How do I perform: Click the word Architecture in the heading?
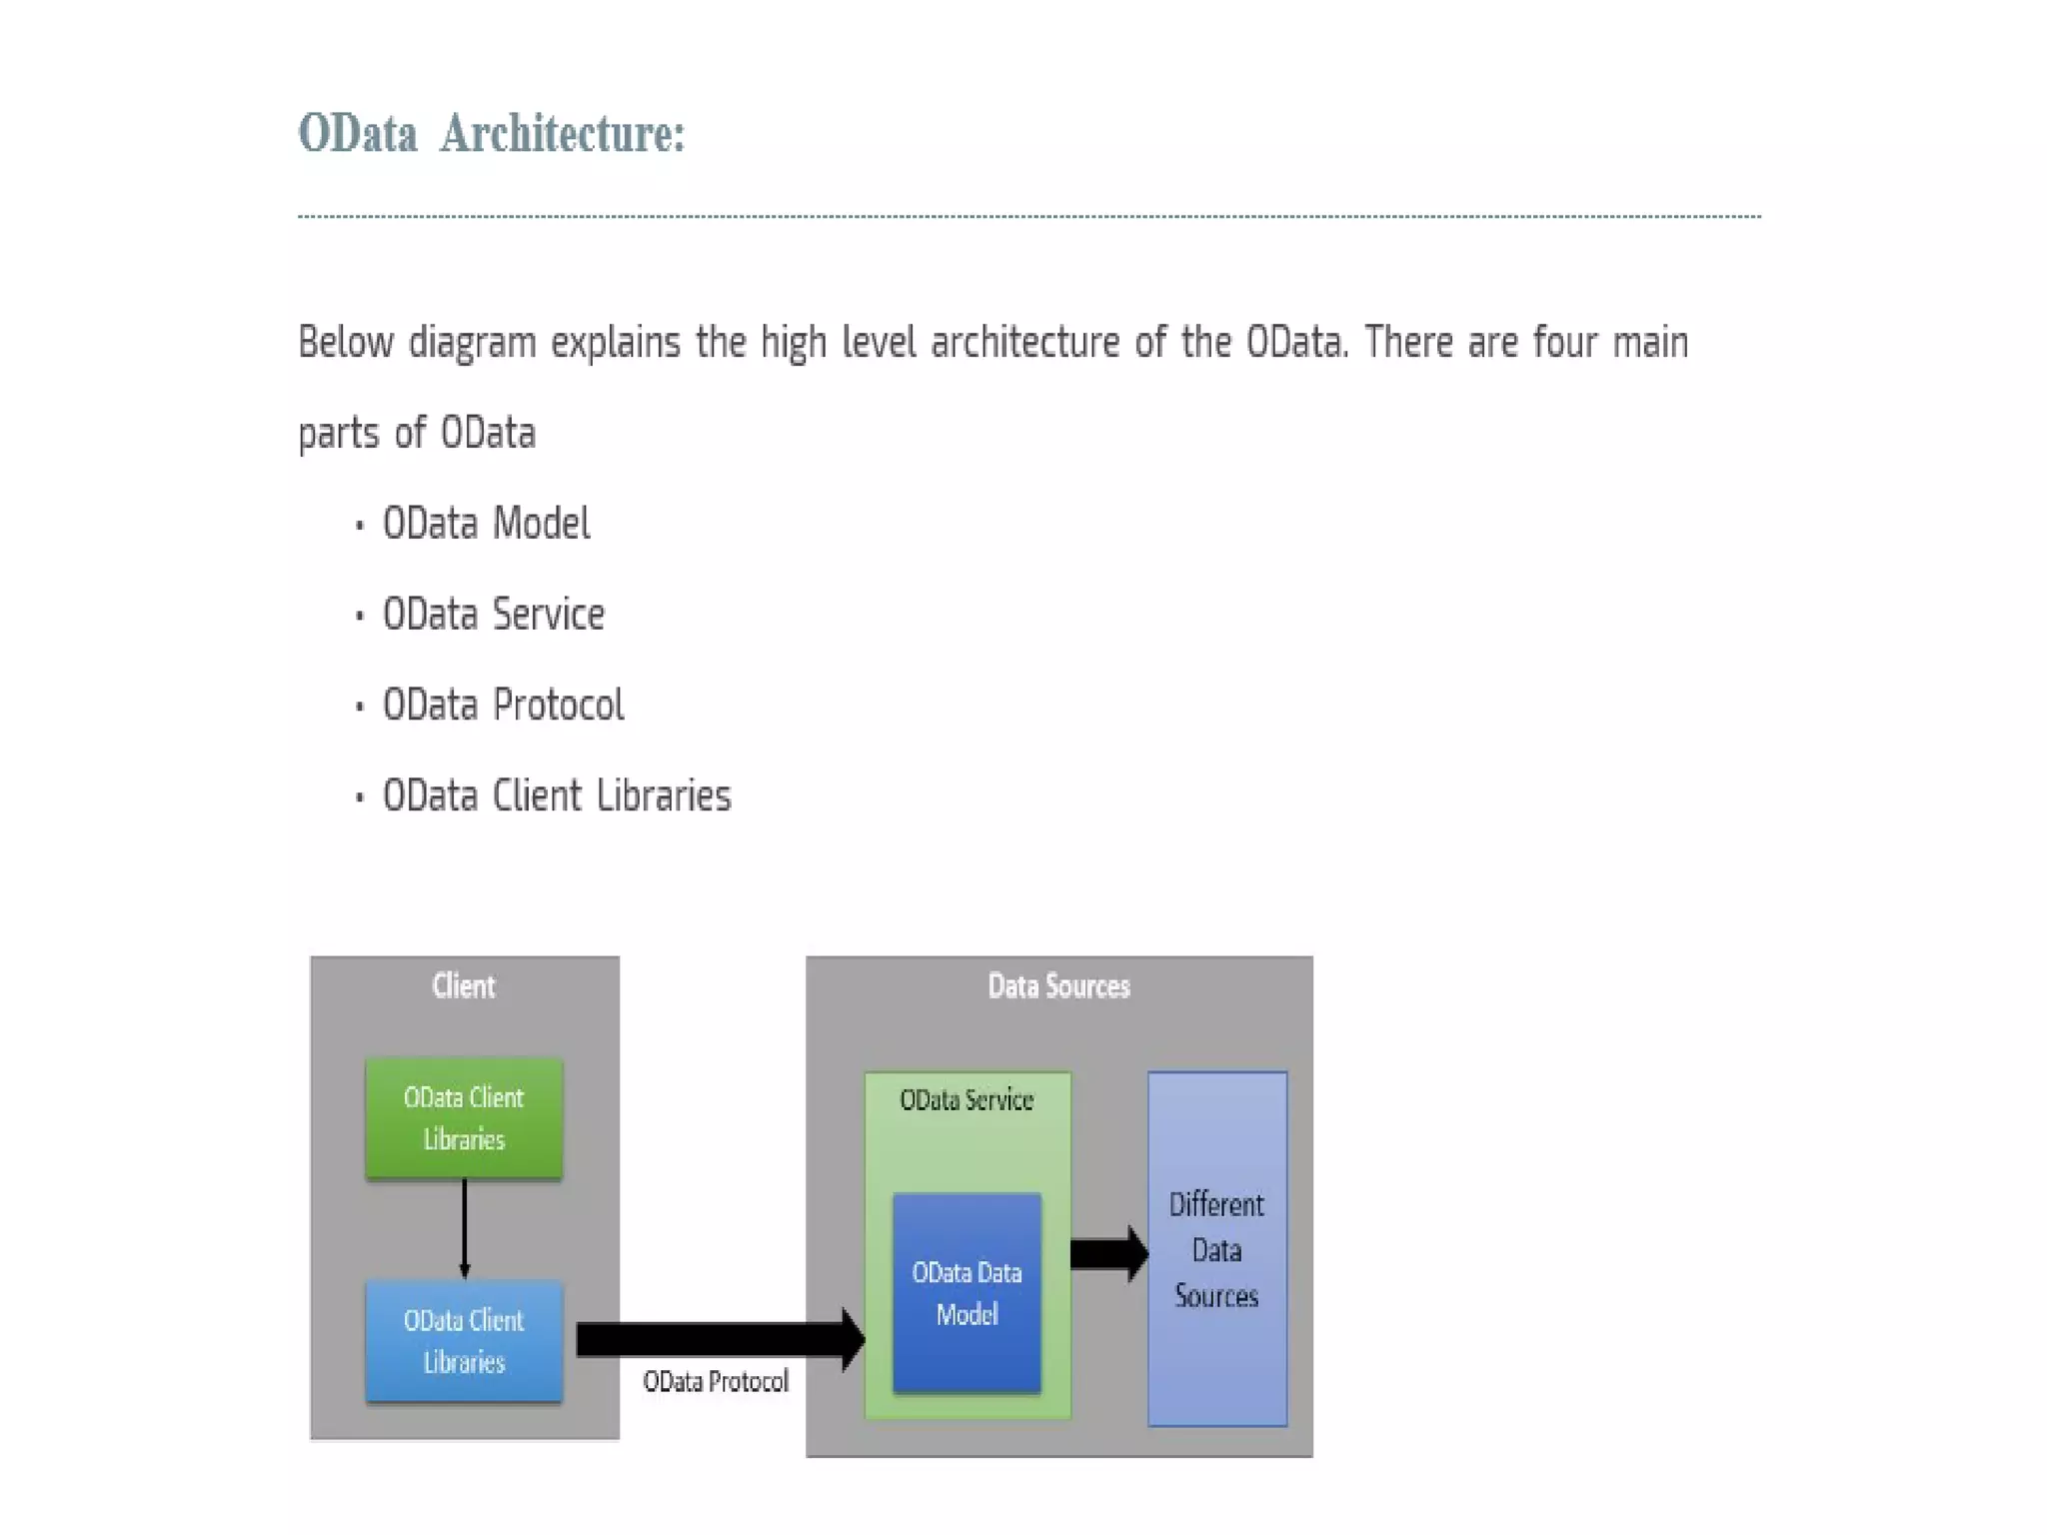(562, 133)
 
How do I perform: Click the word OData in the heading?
(358, 133)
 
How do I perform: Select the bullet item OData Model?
(486, 524)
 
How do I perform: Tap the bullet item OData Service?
(493, 615)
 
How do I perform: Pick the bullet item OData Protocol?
(503, 706)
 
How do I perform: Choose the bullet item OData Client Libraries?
(557, 796)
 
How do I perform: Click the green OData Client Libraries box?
(464, 1118)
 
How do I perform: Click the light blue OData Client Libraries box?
(464, 1341)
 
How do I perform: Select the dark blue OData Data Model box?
(967, 1292)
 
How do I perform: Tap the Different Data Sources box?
(1216, 1249)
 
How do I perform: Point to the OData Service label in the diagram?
(966, 1100)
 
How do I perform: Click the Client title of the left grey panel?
(463, 986)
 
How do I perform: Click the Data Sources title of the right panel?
(1058, 986)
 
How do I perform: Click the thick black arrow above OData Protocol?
(720, 1339)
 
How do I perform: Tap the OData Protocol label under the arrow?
(716, 1382)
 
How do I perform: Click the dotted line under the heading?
(1028, 215)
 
